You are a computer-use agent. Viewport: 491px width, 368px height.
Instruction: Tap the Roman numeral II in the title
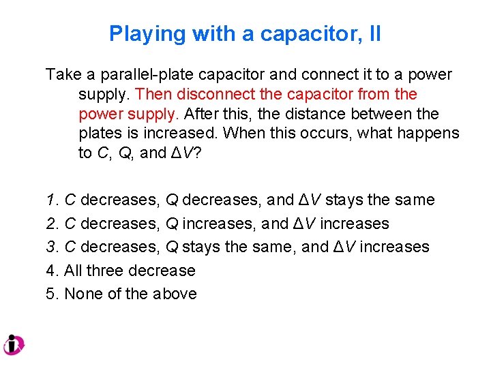tap(373, 34)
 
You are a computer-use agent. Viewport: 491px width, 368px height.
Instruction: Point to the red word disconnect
tap(215, 93)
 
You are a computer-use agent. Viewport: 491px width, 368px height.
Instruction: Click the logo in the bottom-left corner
tap(14, 344)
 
